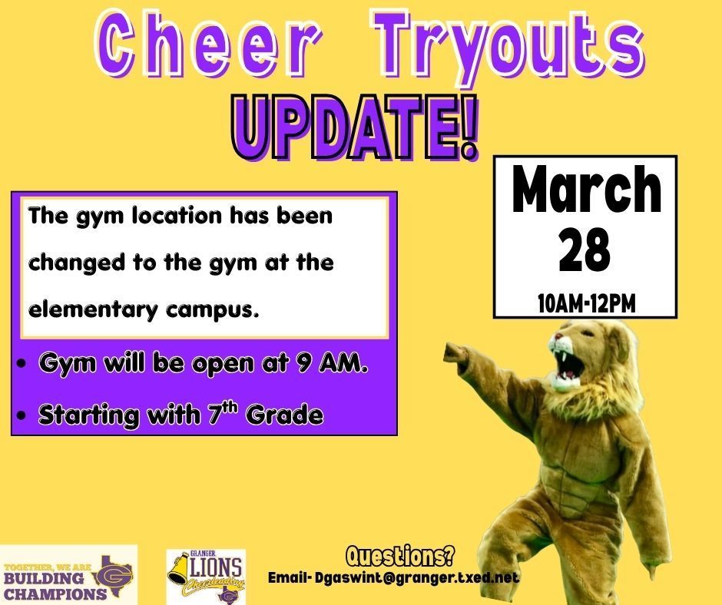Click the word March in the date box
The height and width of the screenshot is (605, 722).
[585, 192]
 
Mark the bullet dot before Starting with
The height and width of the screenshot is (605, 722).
[25, 416]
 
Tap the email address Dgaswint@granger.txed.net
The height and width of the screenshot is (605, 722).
[416, 577]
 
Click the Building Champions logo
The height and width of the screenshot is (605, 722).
[68, 575]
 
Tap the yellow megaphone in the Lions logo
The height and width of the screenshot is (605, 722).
[179, 569]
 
